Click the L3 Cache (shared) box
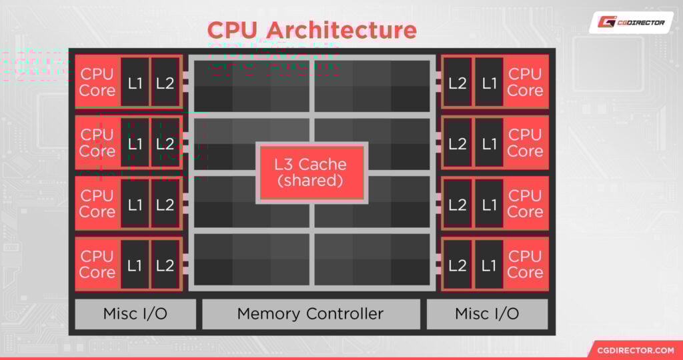[x=311, y=172]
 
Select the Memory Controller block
[x=311, y=314]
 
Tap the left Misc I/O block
[x=135, y=314]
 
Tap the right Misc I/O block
[x=487, y=314]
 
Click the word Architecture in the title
[x=341, y=30]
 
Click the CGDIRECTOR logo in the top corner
[x=630, y=23]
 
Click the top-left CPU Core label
[x=97, y=82]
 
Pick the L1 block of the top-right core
[x=489, y=83]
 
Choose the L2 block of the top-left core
[x=165, y=83]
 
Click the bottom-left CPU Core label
[x=97, y=264]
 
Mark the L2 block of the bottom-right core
[x=458, y=265]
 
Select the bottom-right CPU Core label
[x=525, y=264]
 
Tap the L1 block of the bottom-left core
[x=135, y=265]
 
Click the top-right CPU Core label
[x=525, y=82]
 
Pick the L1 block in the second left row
[x=135, y=143]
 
